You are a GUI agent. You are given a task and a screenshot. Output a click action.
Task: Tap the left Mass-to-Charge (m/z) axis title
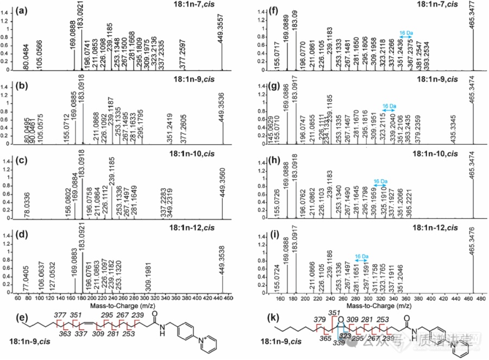coord(133,306)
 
